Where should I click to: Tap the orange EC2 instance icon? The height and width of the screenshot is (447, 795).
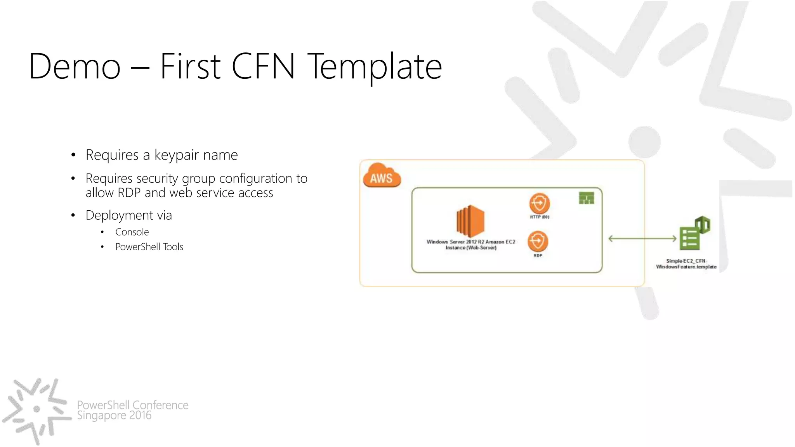470,221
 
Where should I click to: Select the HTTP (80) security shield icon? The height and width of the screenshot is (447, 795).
540,203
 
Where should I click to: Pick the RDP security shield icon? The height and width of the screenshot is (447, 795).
538,241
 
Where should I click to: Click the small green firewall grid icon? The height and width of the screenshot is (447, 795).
586,198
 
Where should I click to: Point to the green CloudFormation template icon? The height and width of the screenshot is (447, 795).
694,234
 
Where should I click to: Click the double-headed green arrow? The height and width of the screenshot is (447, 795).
642,239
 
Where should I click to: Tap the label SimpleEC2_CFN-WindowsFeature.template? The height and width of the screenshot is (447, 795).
686,264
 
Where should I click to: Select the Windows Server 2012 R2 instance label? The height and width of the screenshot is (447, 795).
471,244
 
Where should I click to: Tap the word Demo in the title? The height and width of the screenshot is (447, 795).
75,67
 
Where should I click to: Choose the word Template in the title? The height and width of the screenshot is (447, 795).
375,67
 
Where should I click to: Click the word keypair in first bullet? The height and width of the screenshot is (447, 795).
177,155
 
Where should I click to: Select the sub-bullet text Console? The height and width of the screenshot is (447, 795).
132,232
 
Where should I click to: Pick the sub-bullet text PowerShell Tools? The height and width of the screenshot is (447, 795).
149,247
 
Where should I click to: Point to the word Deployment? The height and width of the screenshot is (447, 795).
119,215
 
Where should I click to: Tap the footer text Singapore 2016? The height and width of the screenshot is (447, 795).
114,416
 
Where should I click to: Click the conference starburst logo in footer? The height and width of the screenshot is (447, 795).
37,409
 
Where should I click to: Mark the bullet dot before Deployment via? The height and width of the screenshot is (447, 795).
73,215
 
